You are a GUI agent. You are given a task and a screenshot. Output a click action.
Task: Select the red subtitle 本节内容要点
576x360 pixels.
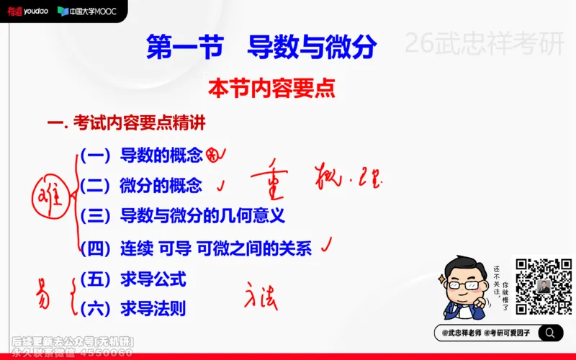point(271,89)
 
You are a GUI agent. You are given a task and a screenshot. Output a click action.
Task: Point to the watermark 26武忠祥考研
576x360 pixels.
point(485,45)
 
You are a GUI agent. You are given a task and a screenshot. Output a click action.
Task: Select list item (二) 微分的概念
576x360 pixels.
point(141,185)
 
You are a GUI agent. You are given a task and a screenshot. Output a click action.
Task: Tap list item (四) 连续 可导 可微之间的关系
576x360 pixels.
point(196,249)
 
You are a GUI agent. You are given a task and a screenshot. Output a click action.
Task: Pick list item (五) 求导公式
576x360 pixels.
point(133,278)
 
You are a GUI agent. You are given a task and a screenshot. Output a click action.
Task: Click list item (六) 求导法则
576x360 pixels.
point(133,308)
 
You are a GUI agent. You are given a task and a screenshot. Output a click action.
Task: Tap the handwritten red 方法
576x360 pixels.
point(261,294)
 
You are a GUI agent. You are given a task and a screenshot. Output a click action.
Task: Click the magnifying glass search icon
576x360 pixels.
point(549,333)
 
